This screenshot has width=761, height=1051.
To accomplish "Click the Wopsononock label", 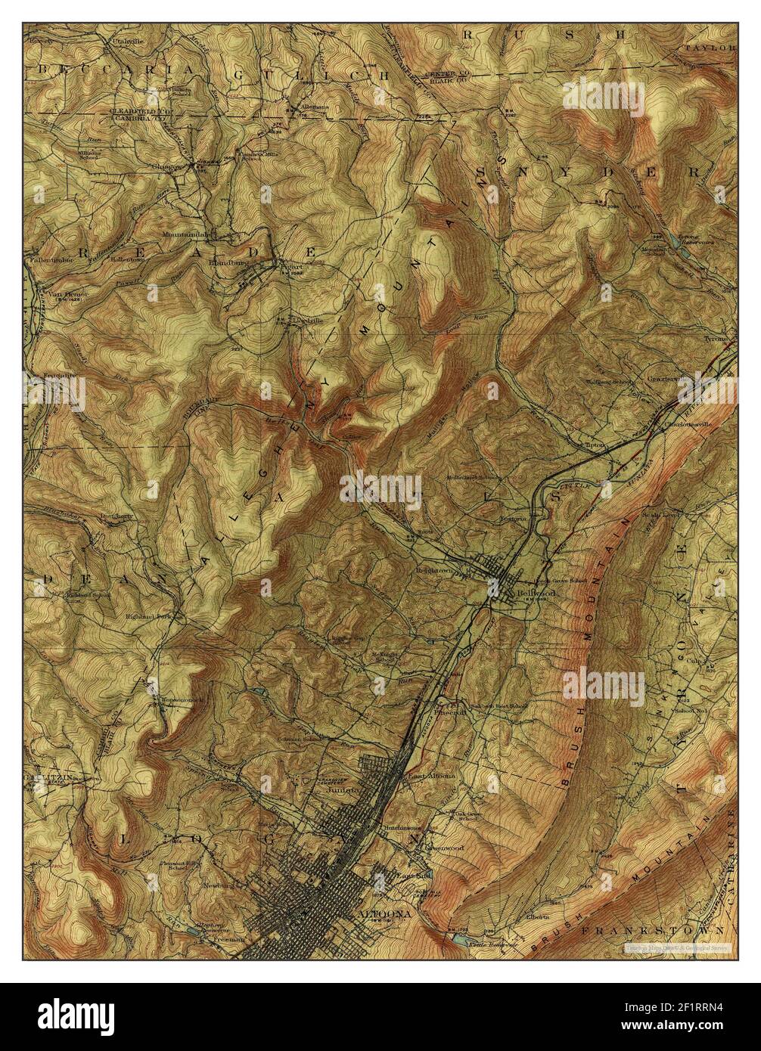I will pos(181,700).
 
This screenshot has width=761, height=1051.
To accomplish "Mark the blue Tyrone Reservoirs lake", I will pos(673,240).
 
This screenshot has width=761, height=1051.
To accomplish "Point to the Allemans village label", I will pos(314,107).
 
